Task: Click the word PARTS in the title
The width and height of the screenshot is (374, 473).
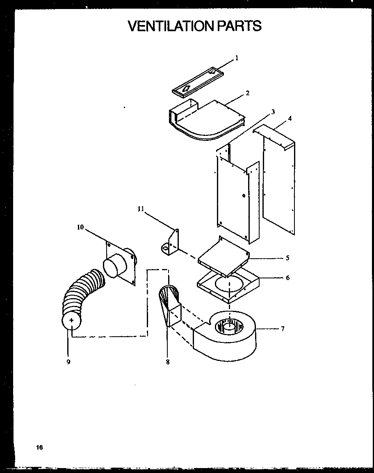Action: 239,26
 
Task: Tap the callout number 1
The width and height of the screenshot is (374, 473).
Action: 237,58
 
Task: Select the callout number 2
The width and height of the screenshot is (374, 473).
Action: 247,93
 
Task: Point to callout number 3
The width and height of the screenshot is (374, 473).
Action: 273,112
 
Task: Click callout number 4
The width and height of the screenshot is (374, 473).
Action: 290,119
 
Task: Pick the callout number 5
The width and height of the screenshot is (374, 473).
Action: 287,258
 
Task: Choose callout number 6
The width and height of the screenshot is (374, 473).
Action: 287,278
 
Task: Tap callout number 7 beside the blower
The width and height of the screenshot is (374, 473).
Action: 283,328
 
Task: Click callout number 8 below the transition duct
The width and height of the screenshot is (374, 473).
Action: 168,362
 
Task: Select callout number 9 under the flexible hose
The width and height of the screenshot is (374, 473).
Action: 68,362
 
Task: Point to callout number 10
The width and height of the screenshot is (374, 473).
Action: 80,227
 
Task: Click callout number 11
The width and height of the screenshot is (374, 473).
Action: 141,209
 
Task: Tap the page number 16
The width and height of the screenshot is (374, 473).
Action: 39,447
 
